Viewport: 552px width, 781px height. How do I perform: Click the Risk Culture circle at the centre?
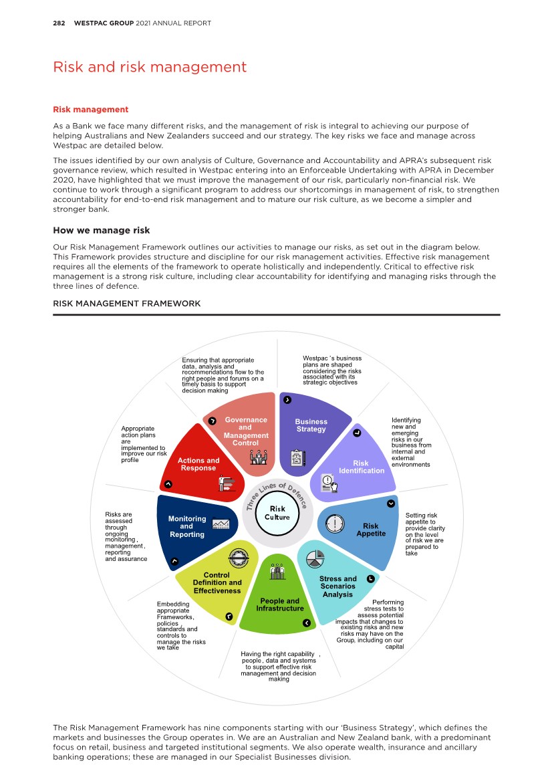pyautogui.click(x=277, y=514)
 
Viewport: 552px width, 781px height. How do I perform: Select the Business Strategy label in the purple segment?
pyautogui.click(x=311, y=425)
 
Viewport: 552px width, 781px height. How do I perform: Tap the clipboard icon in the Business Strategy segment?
pyautogui.click(x=298, y=458)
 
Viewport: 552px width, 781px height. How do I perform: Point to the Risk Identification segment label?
pyautogui.click(x=361, y=467)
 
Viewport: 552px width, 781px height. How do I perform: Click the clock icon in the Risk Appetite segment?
pyautogui.click(x=334, y=524)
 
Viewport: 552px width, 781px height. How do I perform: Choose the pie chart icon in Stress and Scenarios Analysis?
pyautogui.click(x=315, y=558)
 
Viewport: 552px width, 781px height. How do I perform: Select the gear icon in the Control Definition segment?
pyautogui.click(x=238, y=557)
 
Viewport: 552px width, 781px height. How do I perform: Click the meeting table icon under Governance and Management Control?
pyautogui.click(x=258, y=457)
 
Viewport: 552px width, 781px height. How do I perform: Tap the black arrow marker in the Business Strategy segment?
pyautogui.click(x=287, y=400)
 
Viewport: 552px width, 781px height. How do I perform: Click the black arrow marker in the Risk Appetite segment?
pyautogui.click(x=391, y=504)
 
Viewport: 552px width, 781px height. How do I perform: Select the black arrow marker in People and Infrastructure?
pyautogui.click(x=307, y=623)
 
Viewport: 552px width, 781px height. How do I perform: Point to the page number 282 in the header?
pyautogui.click(x=59, y=23)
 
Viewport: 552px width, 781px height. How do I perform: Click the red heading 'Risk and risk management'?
pyautogui.click(x=150, y=67)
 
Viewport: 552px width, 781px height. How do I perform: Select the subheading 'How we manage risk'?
pyautogui.click(x=102, y=231)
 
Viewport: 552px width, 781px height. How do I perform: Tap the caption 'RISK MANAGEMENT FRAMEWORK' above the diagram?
pyautogui.click(x=126, y=304)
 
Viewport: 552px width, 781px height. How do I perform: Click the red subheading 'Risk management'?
pyautogui.click(x=90, y=110)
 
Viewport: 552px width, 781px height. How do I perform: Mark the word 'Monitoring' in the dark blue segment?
pyautogui.click(x=187, y=519)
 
